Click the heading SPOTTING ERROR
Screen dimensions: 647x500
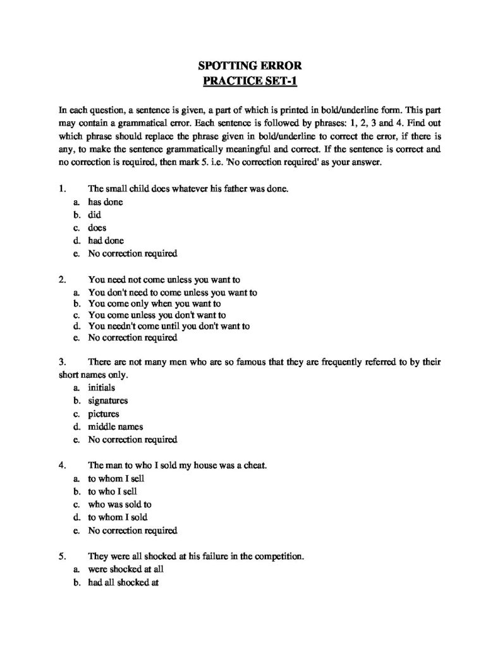(x=249, y=65)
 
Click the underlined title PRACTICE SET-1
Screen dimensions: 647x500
(x=249, y=80)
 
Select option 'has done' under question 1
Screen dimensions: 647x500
(x=106, y=202)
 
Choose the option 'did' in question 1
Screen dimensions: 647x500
(x=95, y=215)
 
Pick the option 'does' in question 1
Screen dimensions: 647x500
(x=97, y=227)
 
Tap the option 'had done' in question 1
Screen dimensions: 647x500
(x=106, y=241)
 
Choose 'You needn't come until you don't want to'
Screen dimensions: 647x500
(x=169, y=326)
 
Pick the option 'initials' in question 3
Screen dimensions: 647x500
(x=102, y=387)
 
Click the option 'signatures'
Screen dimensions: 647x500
(x=108, y=401)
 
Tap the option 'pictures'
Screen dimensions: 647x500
(x=104, y=414)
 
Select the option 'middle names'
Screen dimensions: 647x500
(x=116, y=426)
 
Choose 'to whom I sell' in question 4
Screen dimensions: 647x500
(x=116, y=478)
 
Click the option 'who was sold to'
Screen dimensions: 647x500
(x=119, y=504)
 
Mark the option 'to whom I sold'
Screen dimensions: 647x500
(x=118, y=517)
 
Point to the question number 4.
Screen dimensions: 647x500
(x=62, y=465)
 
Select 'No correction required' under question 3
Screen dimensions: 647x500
(x=133, y=439)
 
